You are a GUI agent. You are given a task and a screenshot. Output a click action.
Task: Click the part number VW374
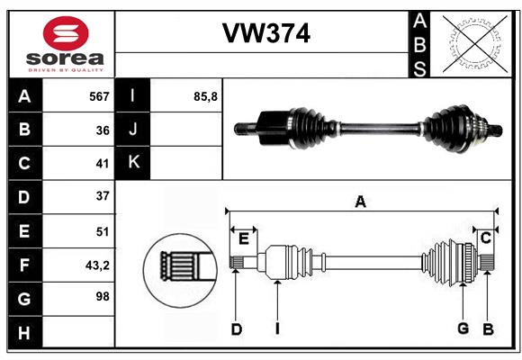[266, 34]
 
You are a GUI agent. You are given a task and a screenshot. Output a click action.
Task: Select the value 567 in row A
[99, 96]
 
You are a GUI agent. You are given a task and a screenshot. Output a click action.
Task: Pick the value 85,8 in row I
[206, 96]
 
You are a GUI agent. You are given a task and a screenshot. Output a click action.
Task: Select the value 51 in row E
[102, 231]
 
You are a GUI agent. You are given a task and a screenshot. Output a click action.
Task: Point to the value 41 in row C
[102, 164]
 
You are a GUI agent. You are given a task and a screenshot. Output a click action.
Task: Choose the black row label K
[133, 163]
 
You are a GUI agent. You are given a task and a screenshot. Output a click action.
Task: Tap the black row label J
[133, 130]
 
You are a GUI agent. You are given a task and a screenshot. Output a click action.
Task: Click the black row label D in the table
[24, 197]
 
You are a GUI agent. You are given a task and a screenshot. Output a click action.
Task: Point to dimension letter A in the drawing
[360, 202]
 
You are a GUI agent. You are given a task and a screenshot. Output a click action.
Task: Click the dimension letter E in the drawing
[243, 238]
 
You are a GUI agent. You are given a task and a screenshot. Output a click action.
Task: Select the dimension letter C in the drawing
[485, 238]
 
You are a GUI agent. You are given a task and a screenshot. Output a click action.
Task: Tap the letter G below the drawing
[463, 329]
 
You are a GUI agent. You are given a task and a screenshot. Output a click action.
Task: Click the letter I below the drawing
[277, 329]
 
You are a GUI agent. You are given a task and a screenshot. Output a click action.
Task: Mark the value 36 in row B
[102, 130]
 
